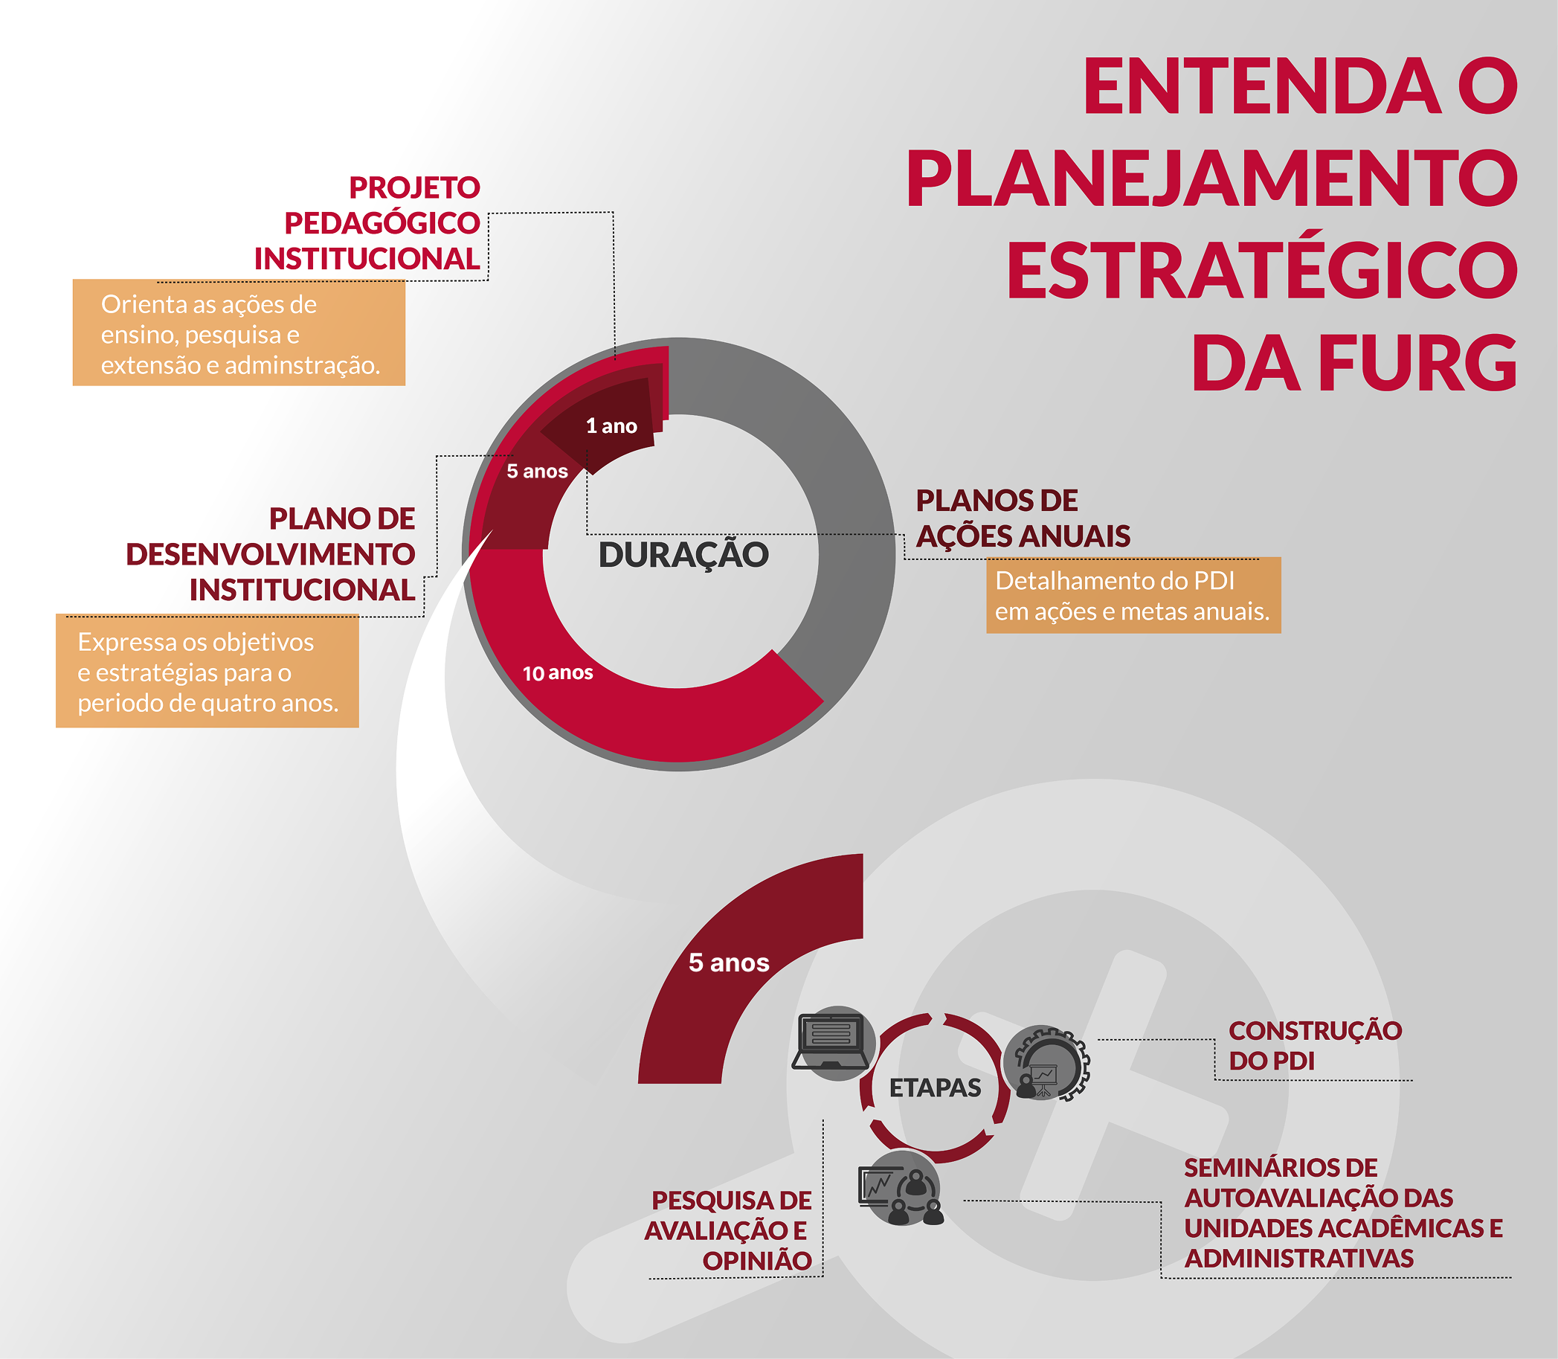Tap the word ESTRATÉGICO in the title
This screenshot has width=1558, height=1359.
[1262, 270]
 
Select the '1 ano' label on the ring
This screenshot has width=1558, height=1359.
[612, 426]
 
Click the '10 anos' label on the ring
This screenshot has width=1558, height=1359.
[558, 672]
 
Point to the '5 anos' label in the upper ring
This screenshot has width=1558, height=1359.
[537, 471]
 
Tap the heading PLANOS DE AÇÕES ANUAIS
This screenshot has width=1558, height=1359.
[1023, 518]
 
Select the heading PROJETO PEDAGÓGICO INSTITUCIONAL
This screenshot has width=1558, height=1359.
[367, 223]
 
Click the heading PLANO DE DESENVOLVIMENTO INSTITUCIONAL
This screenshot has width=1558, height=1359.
[271, 554]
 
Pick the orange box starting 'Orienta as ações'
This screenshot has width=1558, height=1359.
[239, 333]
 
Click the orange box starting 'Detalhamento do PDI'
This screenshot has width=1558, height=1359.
[1133, 595]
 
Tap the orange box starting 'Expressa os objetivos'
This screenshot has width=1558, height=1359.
[207, 671]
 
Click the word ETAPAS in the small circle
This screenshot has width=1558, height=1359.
[935, 1087]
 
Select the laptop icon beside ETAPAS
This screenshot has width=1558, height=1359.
[832, 1042]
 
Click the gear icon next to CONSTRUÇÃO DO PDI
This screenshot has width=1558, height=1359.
[1047, 1063]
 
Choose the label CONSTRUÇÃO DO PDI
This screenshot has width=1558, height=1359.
[1316, 1046]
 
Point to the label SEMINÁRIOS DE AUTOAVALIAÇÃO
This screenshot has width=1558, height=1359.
[1343, 1212]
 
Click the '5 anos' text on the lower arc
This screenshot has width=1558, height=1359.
[729, 963]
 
